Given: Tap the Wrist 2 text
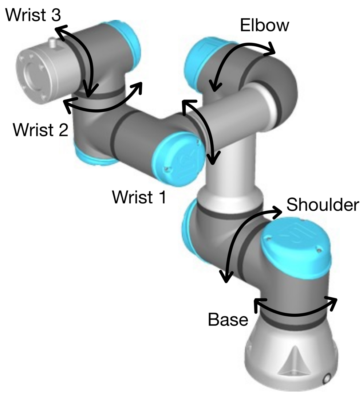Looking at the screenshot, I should click(40, 129).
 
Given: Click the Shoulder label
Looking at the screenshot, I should click(323, 205).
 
